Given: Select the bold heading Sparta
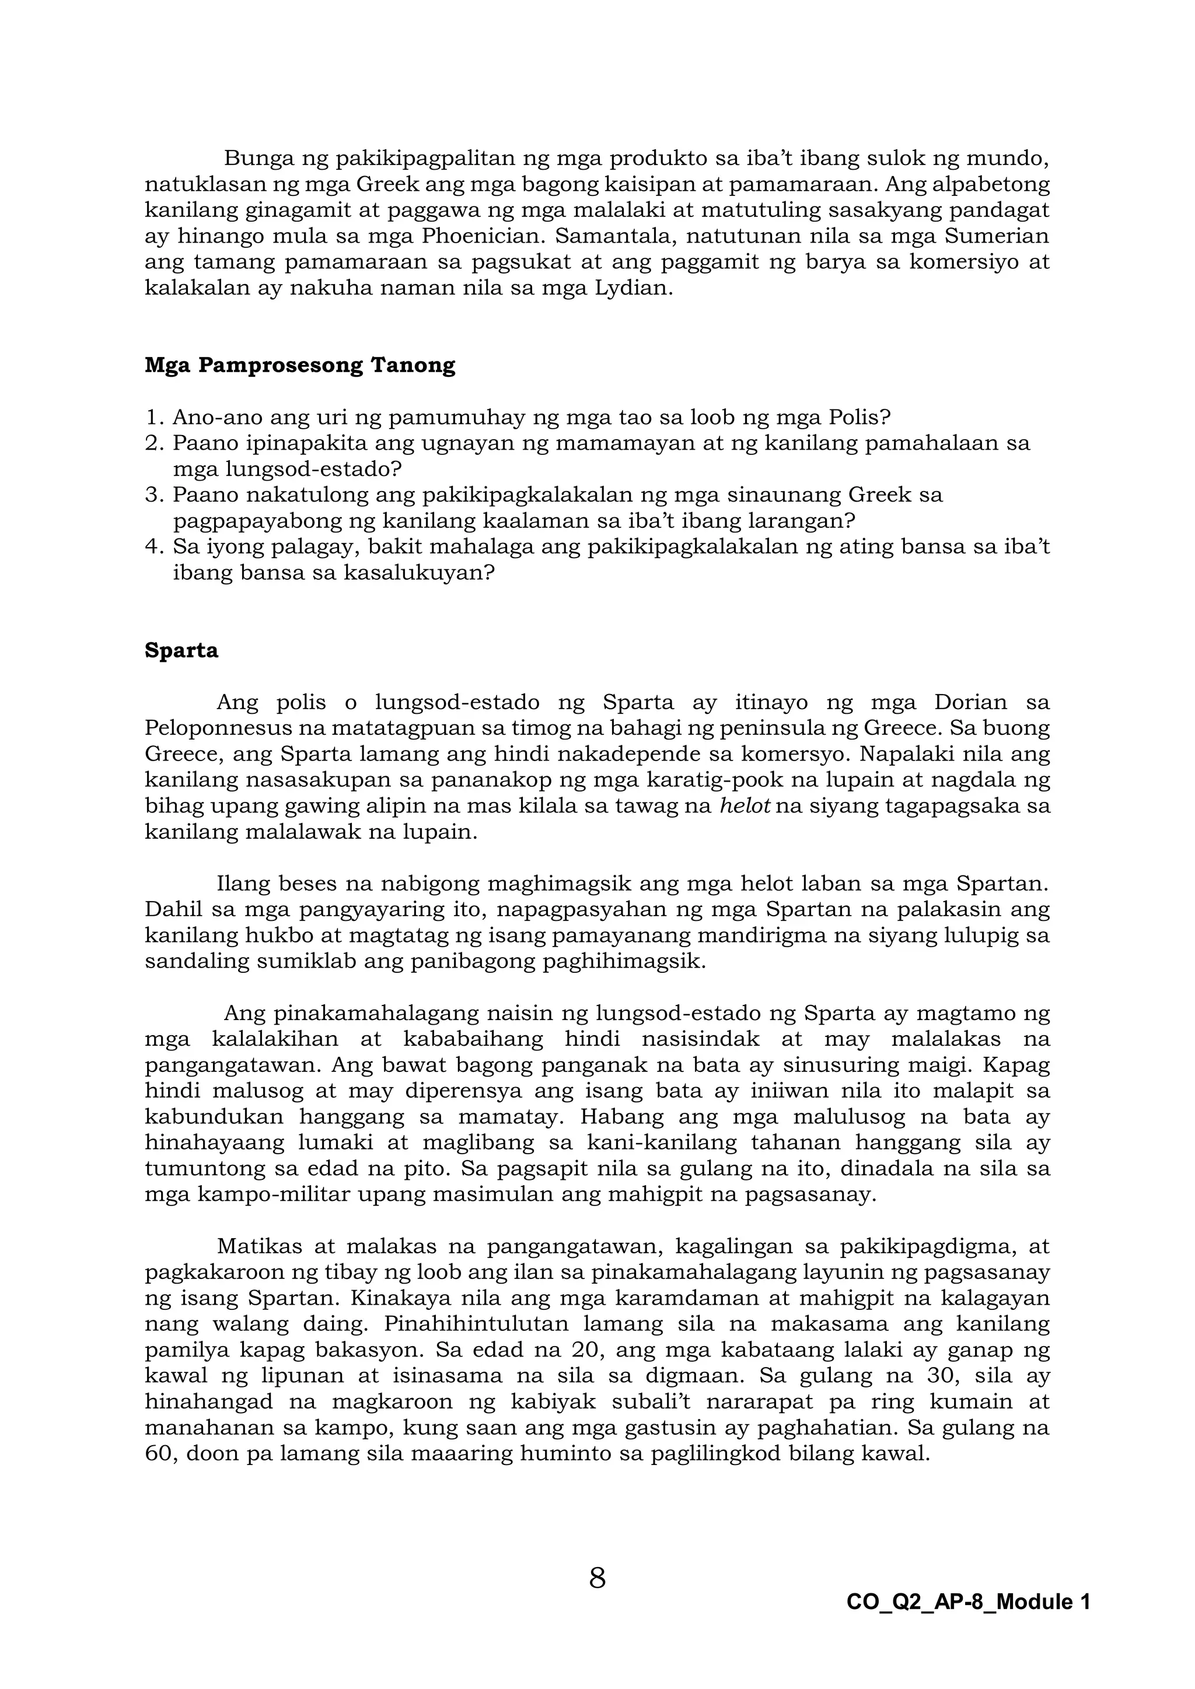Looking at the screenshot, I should click(x=181, y=651).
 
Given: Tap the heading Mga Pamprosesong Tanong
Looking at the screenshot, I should click(x=299, y=366).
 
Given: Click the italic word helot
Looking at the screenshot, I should click(x=745, y=806).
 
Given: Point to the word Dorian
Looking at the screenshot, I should click(x=969, y=703).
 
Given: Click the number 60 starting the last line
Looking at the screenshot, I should click(x=158, y=1453).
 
